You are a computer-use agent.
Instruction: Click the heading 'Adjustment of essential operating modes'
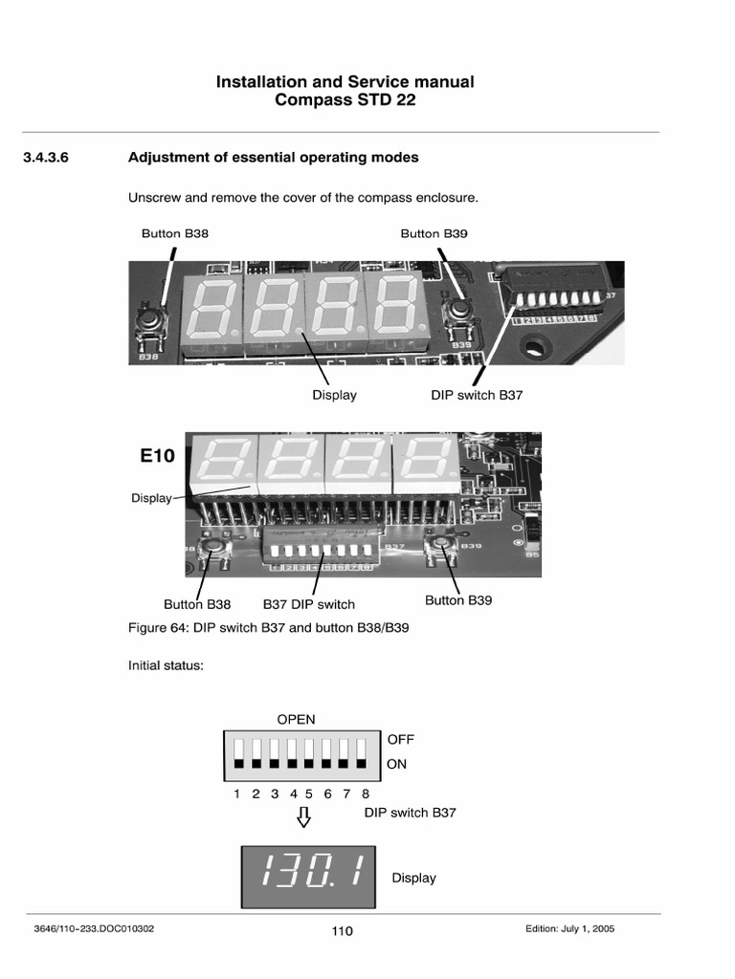coord(273,157)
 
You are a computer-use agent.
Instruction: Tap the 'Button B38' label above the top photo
coord(175,233)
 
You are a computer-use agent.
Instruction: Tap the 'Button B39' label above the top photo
coord(434,233)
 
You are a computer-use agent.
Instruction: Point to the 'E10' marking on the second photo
coord(157,456)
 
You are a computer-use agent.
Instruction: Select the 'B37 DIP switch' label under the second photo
coord(308,604)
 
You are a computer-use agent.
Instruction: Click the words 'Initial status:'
coord(166,665)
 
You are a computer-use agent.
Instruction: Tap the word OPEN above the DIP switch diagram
coord(296,720)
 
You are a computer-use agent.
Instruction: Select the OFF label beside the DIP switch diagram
coord(401,740)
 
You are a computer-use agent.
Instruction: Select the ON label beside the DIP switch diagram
coord(397,765)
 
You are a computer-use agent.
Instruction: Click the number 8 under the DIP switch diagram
coord(366,794)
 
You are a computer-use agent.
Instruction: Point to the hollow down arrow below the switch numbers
coord(304,816)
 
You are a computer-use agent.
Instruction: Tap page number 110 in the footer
coord(342,931)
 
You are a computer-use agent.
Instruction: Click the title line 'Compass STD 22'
coord(345,100)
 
